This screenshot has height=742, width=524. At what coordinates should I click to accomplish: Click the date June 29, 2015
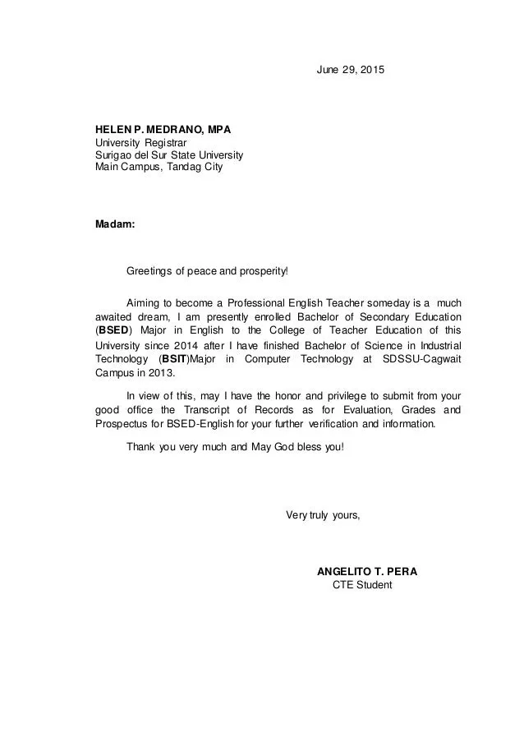(x=350, y=70)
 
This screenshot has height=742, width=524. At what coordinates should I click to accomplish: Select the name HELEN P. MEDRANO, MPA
(x=163, y=130)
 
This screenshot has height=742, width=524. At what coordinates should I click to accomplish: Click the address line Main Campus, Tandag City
(x=159, y=167)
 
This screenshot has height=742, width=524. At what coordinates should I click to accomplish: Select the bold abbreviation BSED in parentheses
(x=111, y=331)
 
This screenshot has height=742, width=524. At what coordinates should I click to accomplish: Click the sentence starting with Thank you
(x=235, y=448)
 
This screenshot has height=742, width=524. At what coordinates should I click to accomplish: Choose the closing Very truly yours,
(x=323, y=515)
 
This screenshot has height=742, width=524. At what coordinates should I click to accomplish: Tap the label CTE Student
(x=362, y=585)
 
